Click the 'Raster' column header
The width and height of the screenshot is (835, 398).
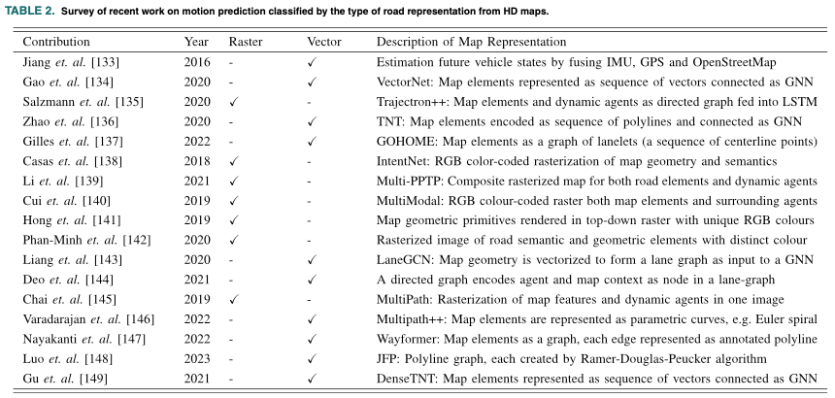pyautogui.click(x=246, y=42)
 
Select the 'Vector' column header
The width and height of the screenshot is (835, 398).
pyautogui.click(x=323, y=42)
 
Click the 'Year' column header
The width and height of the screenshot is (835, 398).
pyautogui.click(x=196, y=42)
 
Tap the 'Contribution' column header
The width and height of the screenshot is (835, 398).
pyautogui.click(x=56, y=42)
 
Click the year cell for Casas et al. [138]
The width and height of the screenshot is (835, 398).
pyautogui.click(x=198, y=160)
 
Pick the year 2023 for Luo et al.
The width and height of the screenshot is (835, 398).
pyautogui.click(x=198, y=358)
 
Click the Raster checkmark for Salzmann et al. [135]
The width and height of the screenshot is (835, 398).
pyautogui.click(x=233, y=101)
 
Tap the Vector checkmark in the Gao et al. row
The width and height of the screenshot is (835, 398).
pyautogui.click(x=312, y=82)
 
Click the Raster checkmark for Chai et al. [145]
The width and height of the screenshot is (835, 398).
pyautogui.click(x=233, y=299)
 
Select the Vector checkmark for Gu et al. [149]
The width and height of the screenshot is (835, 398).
pyautogui.click(x=312, y=379)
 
